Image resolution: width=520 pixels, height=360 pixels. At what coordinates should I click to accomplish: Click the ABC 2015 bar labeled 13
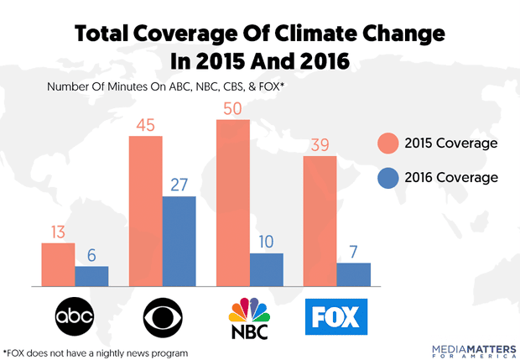[x=58, y=264]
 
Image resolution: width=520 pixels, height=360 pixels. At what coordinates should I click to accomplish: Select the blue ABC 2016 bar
[x=91, y=276]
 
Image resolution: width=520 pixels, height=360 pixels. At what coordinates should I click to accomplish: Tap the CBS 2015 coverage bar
[x=145, y=211]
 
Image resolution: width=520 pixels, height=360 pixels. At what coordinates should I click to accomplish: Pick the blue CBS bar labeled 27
[x=179, y=241]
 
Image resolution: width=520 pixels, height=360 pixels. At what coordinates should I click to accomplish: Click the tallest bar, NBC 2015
[x=233, y=202]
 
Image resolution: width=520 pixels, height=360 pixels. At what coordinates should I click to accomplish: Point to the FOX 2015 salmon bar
[x=320, y=221]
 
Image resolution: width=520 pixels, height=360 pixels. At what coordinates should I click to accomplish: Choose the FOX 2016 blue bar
[x=354, y=274]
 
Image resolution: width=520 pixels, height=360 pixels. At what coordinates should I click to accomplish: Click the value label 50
[x=233, y=109]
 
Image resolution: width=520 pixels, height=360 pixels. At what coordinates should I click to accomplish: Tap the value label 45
[x=145, y=125]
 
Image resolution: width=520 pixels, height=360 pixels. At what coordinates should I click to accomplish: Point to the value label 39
[x=320, y=145]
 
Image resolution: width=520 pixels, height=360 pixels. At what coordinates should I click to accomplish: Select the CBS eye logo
[x=162, y=316]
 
